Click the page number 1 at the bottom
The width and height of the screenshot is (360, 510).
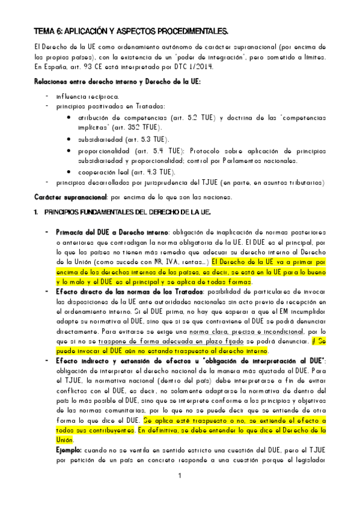pos(179,476)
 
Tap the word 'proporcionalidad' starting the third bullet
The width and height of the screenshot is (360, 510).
pos(104,150)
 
